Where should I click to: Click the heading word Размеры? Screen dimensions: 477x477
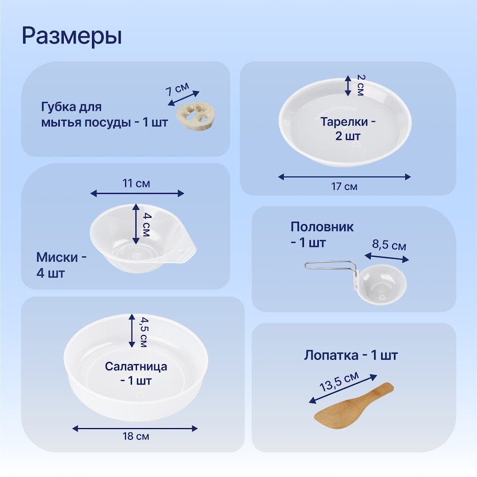point(72,36)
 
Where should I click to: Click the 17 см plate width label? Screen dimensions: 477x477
point(344,187)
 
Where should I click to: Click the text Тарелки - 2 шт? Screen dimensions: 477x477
point(347,128)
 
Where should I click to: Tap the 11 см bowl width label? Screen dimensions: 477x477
point(136,184)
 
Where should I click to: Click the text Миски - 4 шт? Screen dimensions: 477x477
point(61,265)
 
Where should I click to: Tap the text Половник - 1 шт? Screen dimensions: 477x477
point(322,235)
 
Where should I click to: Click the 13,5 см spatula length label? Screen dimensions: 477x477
point(339,382)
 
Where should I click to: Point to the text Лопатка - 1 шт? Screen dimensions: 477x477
point(350,355)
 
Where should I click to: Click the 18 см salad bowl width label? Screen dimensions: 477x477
point(136,436)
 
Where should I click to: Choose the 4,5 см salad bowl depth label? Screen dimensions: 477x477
point(142,331)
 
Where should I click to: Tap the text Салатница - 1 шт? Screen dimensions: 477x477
point(135,374)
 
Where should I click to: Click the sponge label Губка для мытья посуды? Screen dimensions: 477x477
point(104,115)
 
